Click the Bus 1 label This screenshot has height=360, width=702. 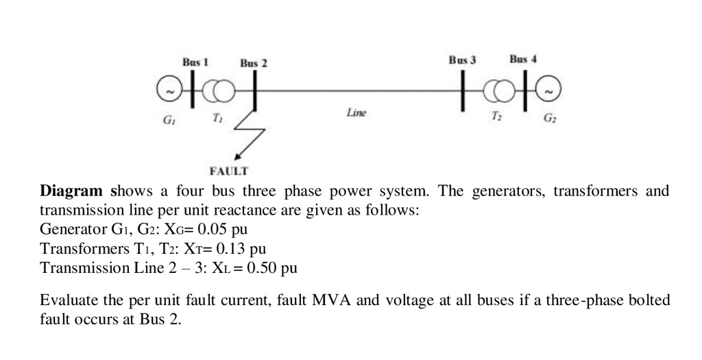click(195, 62)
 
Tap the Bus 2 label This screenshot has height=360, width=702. click(253, 64)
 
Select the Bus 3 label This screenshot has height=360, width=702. click(462, 60)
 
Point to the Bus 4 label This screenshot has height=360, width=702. click(523, 60)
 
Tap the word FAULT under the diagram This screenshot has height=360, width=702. click(229, 169)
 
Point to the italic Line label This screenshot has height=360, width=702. click(356, 112)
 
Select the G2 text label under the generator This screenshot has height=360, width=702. click(550, 119)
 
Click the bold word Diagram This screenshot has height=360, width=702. click(71, 191)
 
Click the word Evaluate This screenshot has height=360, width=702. click(67, 301)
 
